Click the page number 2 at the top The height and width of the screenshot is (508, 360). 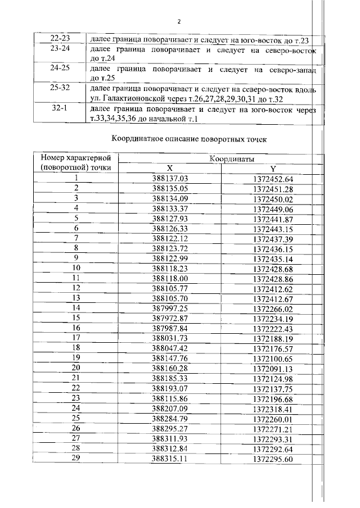click(x=178, y=22)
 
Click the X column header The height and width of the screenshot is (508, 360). click(x=169, y=169)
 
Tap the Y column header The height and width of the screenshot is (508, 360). click(x=273, y=169)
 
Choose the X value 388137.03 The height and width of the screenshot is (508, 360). click(x=169, y=179)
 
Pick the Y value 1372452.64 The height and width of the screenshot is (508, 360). click(x=273, y=179)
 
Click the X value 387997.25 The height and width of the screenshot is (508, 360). click(x=169, y=308)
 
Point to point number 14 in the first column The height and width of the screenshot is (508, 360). click(x=76, y=308)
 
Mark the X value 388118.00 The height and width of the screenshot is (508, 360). click(x=169, y=278)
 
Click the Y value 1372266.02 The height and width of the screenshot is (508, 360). click(x=273, y=308)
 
